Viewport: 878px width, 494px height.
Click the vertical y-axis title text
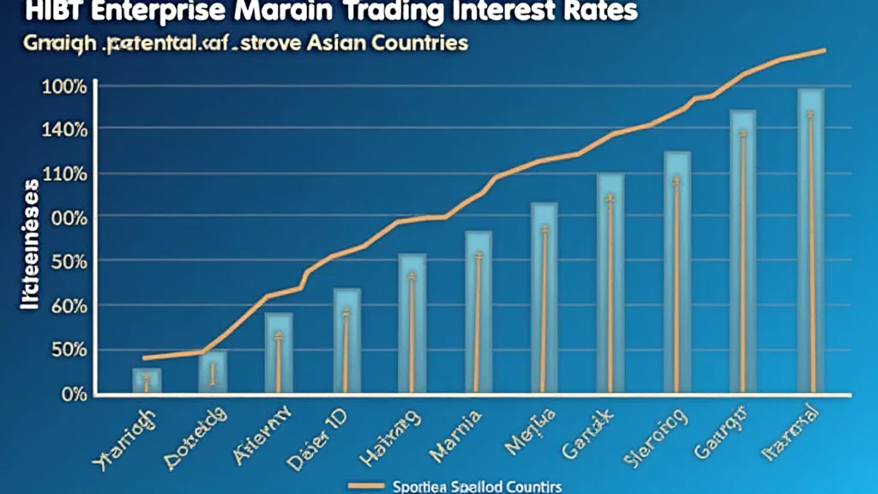(27, 244)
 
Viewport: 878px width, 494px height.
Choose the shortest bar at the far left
(147, 381)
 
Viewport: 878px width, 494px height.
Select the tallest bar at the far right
(810, 240)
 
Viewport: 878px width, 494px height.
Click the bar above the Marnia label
(478, 312)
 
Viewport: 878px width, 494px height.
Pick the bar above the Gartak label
(610, 283)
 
